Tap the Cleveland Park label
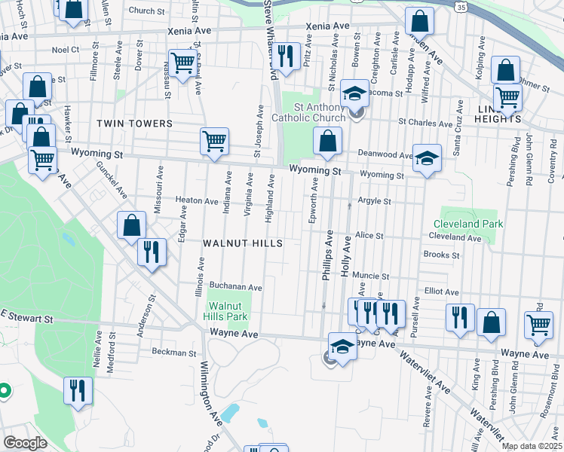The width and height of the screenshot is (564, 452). [467, 224]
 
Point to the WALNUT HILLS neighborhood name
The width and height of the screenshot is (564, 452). [243, 243]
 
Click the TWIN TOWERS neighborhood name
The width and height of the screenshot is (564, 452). [134, 123]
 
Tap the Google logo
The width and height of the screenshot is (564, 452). [25, 442]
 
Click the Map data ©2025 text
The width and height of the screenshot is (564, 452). [532, 446]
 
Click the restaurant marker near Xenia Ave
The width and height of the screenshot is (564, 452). [285, 56]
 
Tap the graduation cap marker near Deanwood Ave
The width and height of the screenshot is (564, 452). [427, 158]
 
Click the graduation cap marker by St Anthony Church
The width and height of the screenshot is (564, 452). [352, 93]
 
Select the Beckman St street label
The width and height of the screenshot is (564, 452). [174, 352]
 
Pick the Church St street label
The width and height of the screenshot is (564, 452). [146, 11]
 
